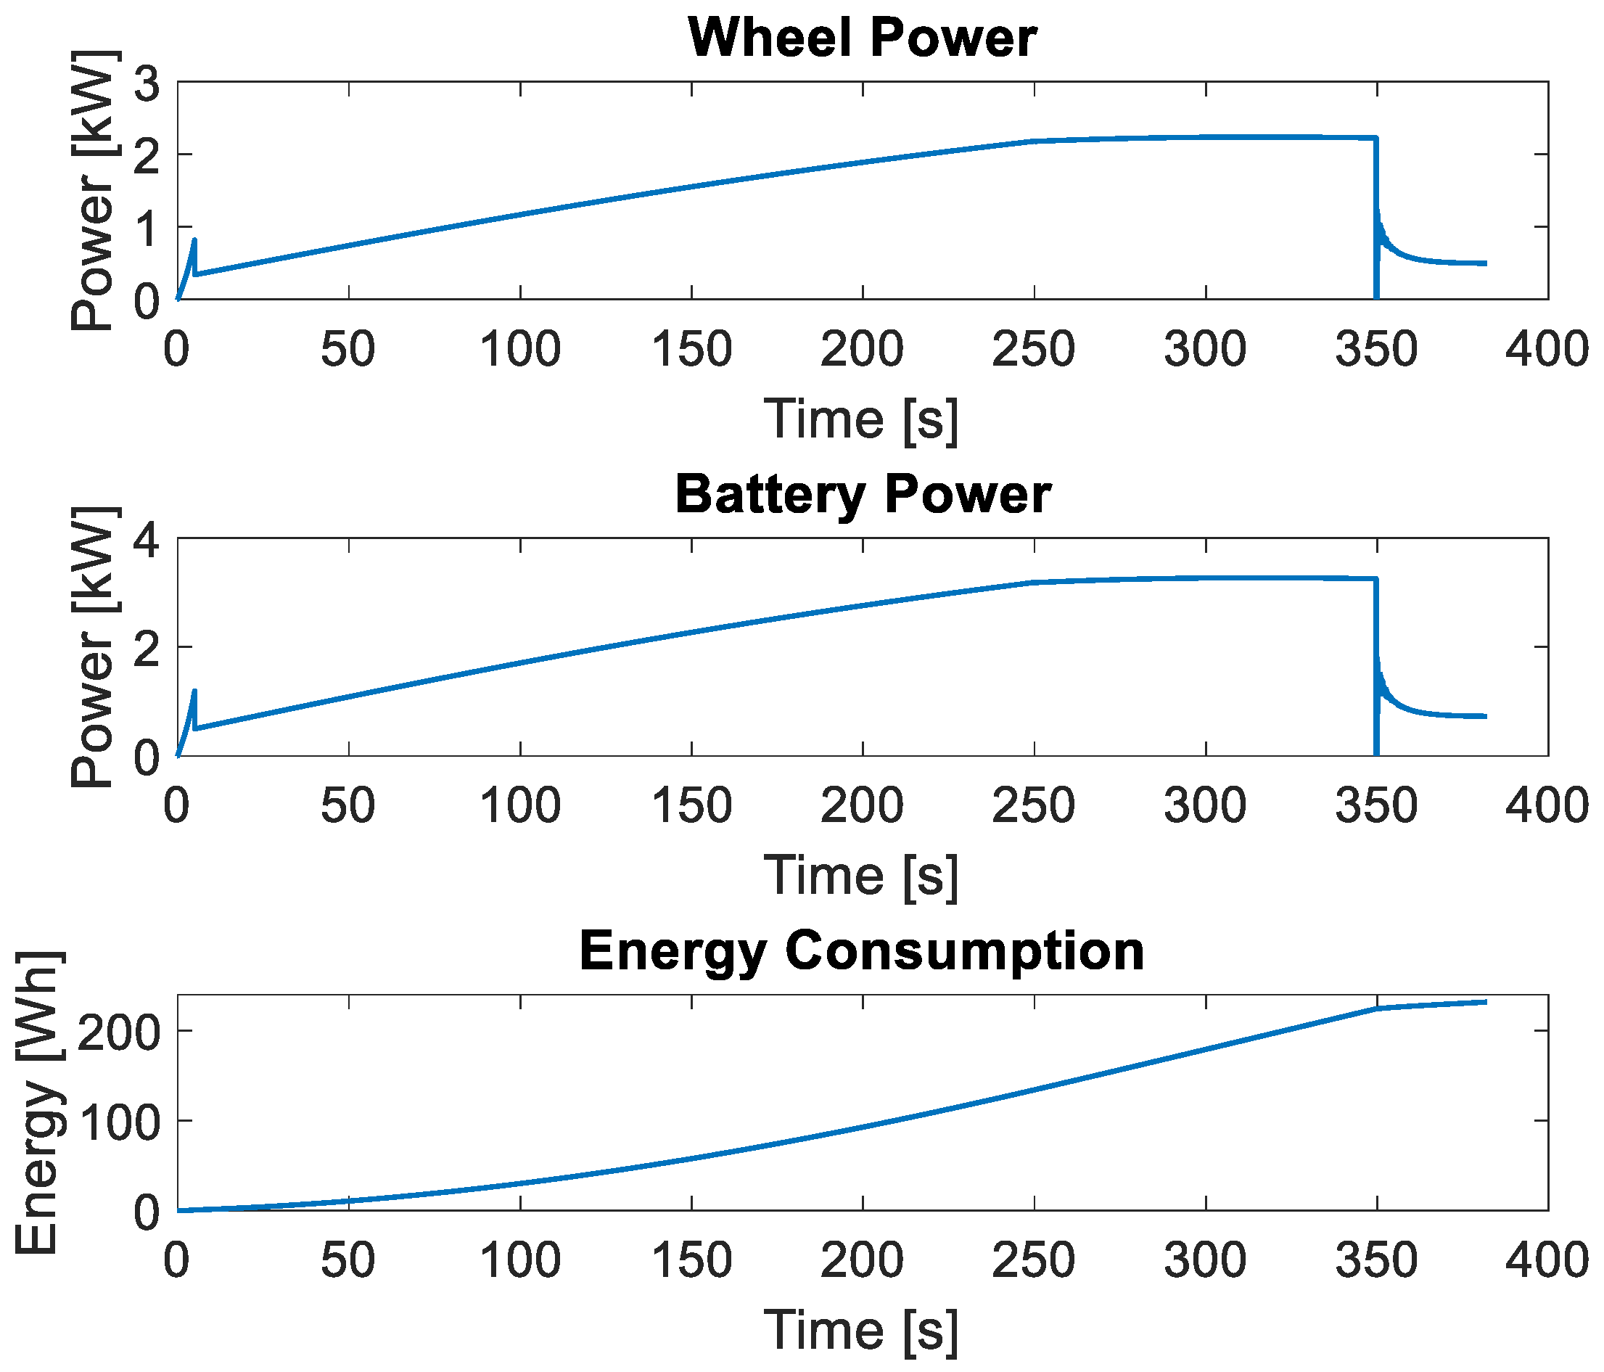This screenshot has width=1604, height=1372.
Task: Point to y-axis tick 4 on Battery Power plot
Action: pyautogui.click(x=147, y=540)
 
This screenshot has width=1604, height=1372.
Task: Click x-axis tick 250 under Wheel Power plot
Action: pyautogui.click(x=1034, y=349)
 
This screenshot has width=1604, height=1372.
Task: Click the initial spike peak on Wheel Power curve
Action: pyautogui.click(x=194, y=241)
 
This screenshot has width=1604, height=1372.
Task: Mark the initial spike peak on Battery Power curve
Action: pyautogui.click(x=194, y=691)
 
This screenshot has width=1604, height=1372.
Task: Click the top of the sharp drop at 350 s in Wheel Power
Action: pyautogui.click(x=1376, y=138)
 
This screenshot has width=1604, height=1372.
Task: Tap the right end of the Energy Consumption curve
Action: pyautogui.click(x=1485, y=1002)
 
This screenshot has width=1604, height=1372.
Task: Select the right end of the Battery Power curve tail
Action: pyautogui.click(x=1485, y=716)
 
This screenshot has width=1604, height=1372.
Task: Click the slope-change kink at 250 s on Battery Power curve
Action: pyautogui.click(x=1034, y=583)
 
